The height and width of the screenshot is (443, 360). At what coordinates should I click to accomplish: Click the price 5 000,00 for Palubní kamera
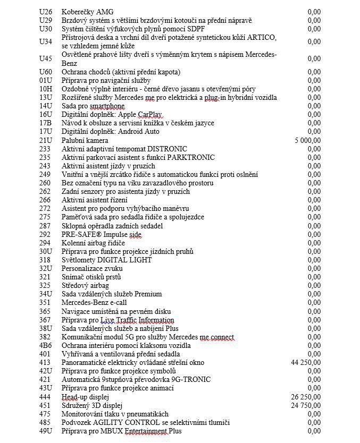click(x=307, y=140)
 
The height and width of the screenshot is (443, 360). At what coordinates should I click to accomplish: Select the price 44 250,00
click(x=306, y=362)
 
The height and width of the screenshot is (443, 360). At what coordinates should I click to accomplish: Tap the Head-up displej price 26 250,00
click(x=306, y=397)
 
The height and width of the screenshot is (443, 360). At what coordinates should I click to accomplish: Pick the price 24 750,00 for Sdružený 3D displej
click(x=306, y=405)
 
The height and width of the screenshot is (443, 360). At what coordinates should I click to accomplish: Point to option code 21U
click(x=46, y=140)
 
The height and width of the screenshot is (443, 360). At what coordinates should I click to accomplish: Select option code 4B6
click(x=46, y=345)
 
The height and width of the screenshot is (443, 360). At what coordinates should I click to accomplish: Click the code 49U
click(x=46, y=431)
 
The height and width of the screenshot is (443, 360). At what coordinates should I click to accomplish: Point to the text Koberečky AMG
click(x=87, y=12)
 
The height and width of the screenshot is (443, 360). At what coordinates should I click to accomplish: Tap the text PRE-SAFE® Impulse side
click(x=102, y=234)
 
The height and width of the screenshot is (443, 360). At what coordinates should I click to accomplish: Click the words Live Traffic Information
click(x=138, y=320)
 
